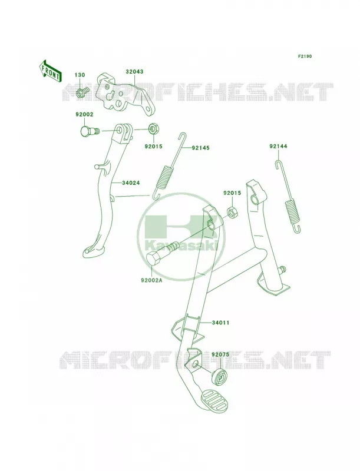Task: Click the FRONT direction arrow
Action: [x=50, y=71]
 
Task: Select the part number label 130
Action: [x=80, y=75]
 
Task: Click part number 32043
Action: [x=134, y=72]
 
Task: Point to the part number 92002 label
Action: [x=84, y=114]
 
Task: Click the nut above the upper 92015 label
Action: [x=153, y=130]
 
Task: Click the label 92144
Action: [x=278, y=146]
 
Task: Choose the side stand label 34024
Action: [x=131, y=183]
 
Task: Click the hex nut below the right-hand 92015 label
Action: [x=232, y=212]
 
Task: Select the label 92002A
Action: [x=151, y=281]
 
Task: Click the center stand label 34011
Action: [x=220, y=323]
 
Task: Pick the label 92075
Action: [x=220, y=354]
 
